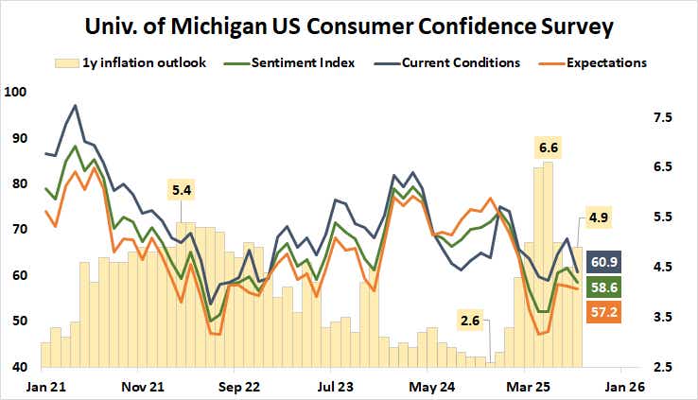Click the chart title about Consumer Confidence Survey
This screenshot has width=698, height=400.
(348, 25)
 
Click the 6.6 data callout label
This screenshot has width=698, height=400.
(549, 148)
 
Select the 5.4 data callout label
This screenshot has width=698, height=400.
(182, 191)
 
